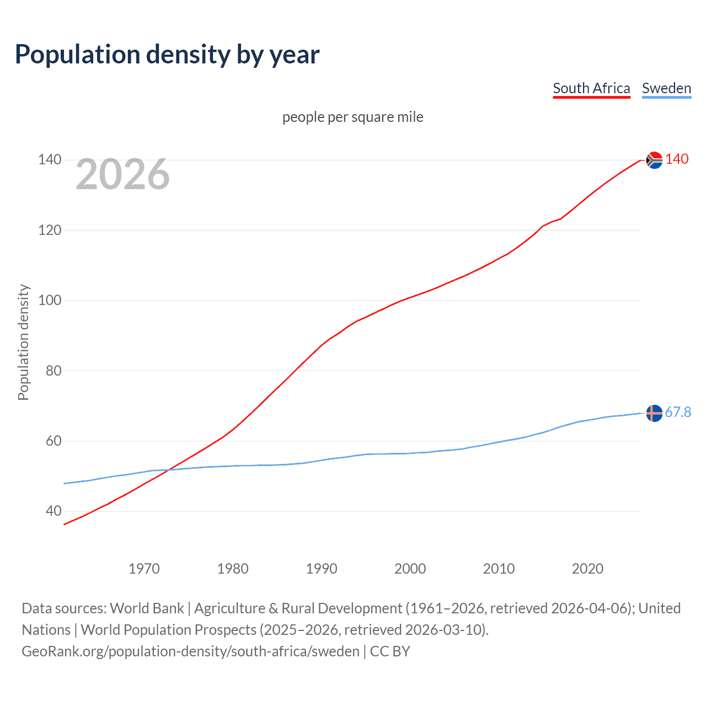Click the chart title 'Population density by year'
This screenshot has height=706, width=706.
[167, 55]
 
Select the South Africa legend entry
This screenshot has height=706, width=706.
[591, 88]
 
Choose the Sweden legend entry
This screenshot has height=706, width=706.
[666, 88]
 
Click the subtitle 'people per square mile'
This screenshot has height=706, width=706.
[352, 117]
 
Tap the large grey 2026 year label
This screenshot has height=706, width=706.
[122, 174]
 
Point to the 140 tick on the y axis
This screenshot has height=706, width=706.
[50, 160]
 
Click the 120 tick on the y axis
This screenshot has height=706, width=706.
[50, 230]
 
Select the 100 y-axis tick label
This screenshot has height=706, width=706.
[50, 301]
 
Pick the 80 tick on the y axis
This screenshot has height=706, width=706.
[54, 371]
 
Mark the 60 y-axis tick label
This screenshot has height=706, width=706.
[54, 441]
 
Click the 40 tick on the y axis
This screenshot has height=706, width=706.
[54, 511]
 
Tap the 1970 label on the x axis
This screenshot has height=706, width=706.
[144, 569]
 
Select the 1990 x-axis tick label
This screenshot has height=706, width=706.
[322, 569]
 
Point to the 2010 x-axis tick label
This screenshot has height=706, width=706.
[499, 569]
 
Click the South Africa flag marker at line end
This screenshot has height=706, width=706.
[654, 160]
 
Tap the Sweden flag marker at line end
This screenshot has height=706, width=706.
[654, 413]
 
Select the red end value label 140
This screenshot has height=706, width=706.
[677, 159]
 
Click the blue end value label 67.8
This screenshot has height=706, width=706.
[678, 413]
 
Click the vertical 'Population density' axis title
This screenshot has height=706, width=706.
[23, 342]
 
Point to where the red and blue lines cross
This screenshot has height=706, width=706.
[169, 469]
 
